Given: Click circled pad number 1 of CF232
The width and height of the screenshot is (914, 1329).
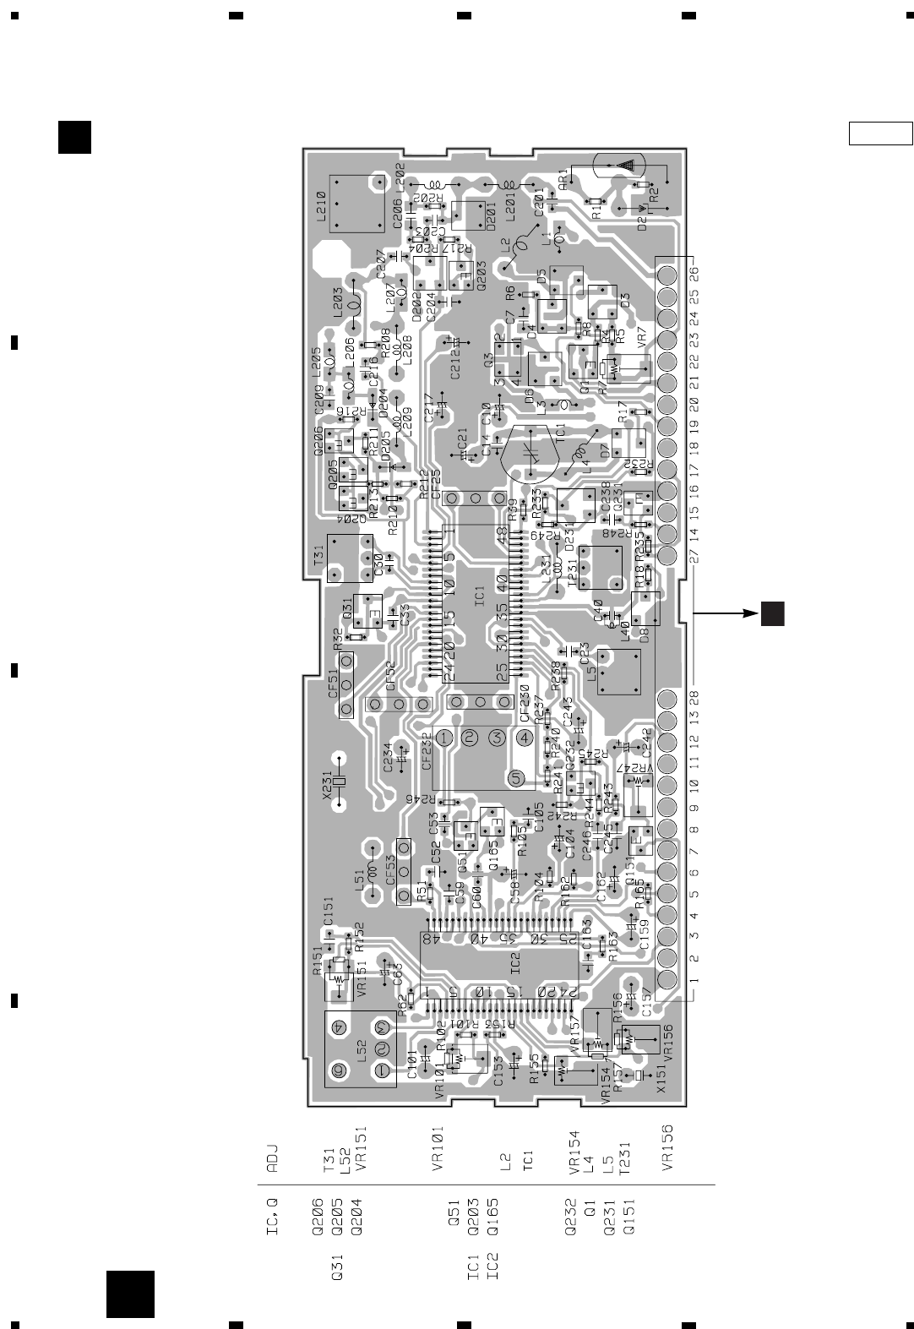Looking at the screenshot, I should (445, 737).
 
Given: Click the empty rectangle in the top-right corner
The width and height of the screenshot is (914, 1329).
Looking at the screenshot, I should (880, 133).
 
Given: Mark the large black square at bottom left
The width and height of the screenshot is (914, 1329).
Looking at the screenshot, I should (130, 1294).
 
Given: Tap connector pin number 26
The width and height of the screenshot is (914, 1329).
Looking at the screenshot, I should (694, 276).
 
